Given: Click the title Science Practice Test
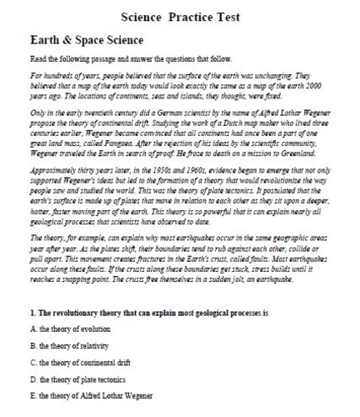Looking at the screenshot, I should coord(180,16).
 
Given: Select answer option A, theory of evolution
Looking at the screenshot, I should coord(69,330).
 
